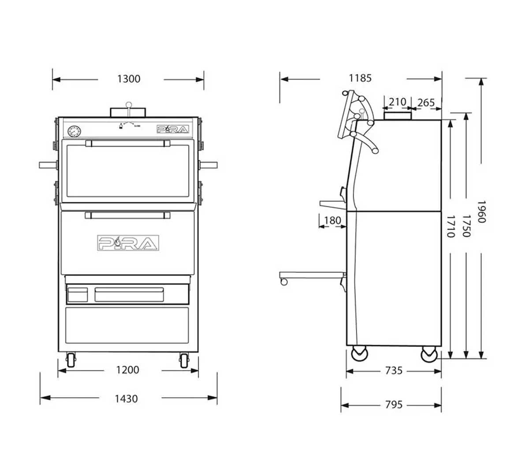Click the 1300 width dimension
click(x=129, y=79)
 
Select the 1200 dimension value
click(x=128, y=370)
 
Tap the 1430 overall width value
click(x=126, y=398)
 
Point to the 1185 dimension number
click(x=360, y=78)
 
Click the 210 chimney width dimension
click(x=397, y=102)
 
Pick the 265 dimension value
click(x=426, y=103)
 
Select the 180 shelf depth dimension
click(x=332, y=220)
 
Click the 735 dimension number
click(x=394, y=371)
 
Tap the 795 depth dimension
click(x=394, y=404)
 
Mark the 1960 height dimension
click(x=481, y=212)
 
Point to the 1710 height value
click(x=450, y=226)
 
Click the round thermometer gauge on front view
click(x=74, y=131)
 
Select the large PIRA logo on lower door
click(x=128, y=243)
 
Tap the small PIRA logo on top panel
click(x=173, y=129)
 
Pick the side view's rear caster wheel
click(x=429, y=354)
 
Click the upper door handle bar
click(x=128, y=143)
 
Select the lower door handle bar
click(x=128, y=215)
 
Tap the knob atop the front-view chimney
click(x=128, y=105)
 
